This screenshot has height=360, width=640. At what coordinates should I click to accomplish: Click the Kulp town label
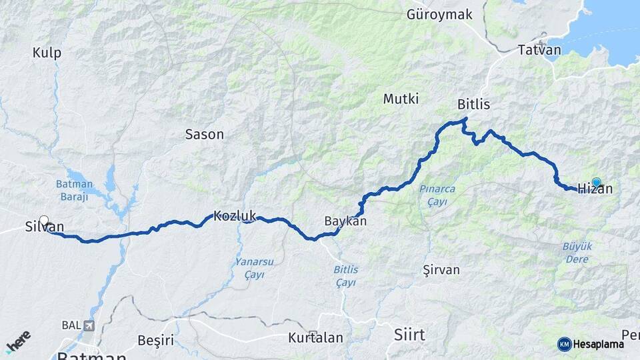click(47, 53)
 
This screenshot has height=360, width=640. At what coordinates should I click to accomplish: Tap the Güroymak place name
click(439, 15)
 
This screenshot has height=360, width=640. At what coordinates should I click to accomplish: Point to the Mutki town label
click(401, 99)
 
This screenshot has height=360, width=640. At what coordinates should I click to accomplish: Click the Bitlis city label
click(473, 105)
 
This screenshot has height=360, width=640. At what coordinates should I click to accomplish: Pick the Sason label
click(204, 134)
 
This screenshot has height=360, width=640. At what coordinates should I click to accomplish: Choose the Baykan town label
click(345, 221)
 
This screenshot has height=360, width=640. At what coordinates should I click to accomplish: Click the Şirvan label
click(441, 270)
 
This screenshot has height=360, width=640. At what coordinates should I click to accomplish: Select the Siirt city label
click(409, 334)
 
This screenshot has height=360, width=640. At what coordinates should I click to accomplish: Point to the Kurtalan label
click(315, 338)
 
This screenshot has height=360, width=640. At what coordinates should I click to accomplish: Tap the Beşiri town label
click(155, 341)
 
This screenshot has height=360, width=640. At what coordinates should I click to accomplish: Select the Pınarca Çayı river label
click(437, 195)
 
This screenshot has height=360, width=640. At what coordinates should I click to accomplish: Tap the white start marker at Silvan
click(44, 221)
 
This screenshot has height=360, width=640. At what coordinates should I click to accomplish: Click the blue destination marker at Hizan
click(596, 182)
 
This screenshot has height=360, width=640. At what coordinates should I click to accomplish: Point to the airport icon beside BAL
click(89, 326)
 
